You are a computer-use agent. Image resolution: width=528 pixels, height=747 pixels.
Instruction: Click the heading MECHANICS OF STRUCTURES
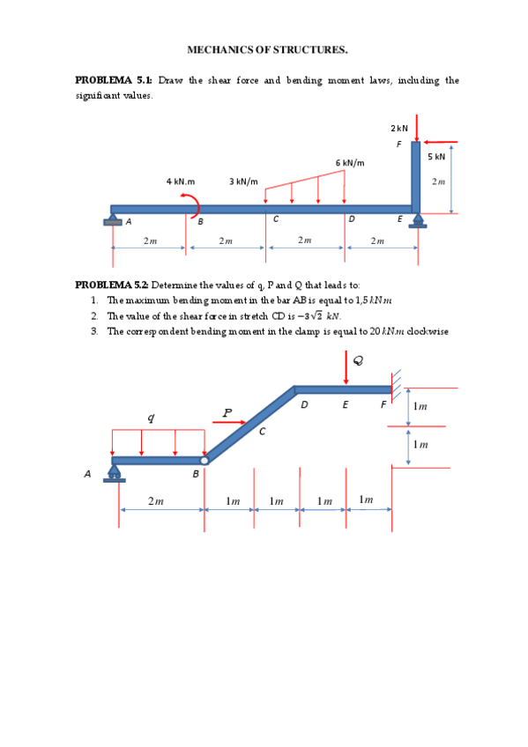click(x=267, y=49)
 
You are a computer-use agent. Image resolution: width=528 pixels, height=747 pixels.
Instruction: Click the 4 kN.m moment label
click(x=181, y=181)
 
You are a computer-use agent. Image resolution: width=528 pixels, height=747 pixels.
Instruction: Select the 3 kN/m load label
click(x=243, y=181)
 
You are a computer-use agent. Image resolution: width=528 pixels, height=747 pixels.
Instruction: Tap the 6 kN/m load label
click(x=350, y=163)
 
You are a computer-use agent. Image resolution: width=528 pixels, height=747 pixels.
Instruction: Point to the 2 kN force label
click(x=399, y=128)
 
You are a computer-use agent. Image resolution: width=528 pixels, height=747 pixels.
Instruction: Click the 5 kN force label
click(x=436, y=156)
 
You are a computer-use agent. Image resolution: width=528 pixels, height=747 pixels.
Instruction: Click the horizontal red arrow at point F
click(x=441, y=142)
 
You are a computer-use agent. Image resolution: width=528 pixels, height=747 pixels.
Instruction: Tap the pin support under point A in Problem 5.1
click(x=113, y=219)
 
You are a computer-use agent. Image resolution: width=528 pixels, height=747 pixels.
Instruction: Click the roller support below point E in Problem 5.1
click(x=418, y=220)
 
